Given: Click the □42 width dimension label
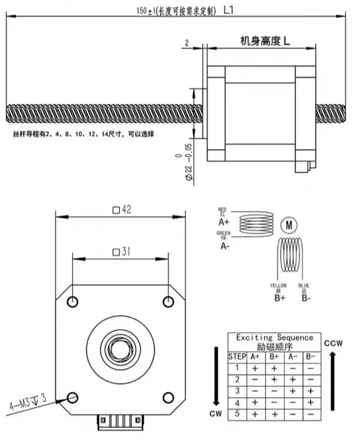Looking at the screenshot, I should (x=122, y=210).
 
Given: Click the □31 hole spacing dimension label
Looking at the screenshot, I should (x=122, y=252).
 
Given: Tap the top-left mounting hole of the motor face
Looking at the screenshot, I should (x=73, y=301).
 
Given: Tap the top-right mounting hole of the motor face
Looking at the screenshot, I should (x=169, y=301).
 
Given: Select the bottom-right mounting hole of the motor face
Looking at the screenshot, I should (x=169, y=397).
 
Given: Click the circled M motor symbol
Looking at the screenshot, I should (x=289, y=225).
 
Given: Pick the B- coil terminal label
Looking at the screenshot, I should (x=306, y=297).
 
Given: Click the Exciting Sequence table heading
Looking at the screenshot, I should (x=275, y=338).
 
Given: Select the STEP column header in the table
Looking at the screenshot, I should (x=237, y=356).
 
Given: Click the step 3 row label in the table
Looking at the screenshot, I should (x=237, y=391).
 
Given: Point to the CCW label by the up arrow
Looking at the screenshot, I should (x=334, y=344).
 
